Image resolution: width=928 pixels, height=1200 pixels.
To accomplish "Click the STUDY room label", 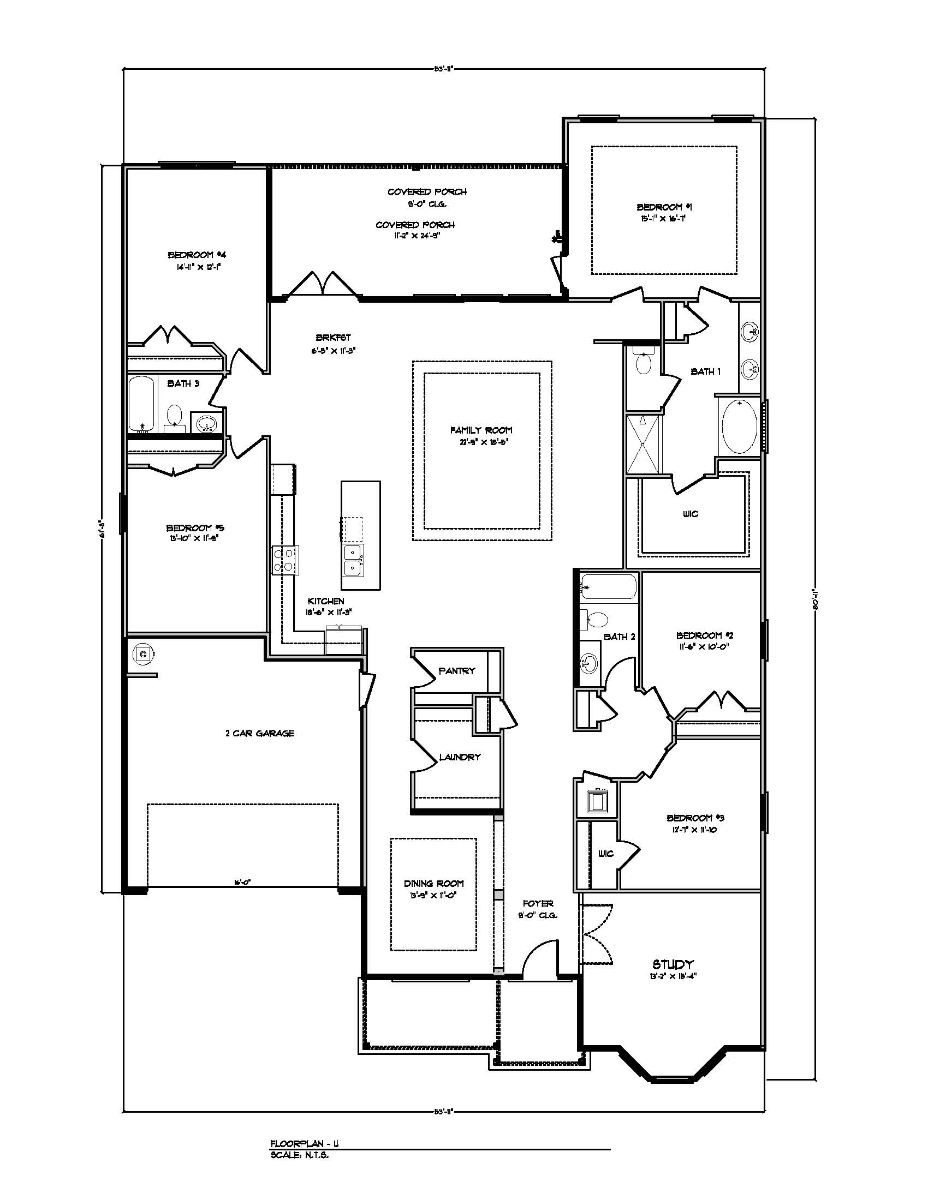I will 673,964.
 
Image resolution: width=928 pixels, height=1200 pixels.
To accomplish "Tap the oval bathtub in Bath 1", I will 740,426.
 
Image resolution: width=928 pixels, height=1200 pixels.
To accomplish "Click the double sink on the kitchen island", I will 353,560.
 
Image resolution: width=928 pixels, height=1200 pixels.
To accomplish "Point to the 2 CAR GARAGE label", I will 259,733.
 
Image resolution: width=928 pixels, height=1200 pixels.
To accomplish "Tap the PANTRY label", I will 457,671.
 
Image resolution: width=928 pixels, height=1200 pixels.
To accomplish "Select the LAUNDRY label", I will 460,757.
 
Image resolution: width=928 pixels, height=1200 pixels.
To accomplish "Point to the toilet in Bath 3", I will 175,415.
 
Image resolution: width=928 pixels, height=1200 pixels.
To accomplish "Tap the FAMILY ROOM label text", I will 481,430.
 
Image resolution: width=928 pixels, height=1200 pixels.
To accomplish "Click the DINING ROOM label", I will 434,884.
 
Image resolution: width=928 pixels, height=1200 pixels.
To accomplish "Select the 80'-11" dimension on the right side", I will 816,598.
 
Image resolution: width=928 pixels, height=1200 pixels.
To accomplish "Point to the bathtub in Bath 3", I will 142,404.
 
